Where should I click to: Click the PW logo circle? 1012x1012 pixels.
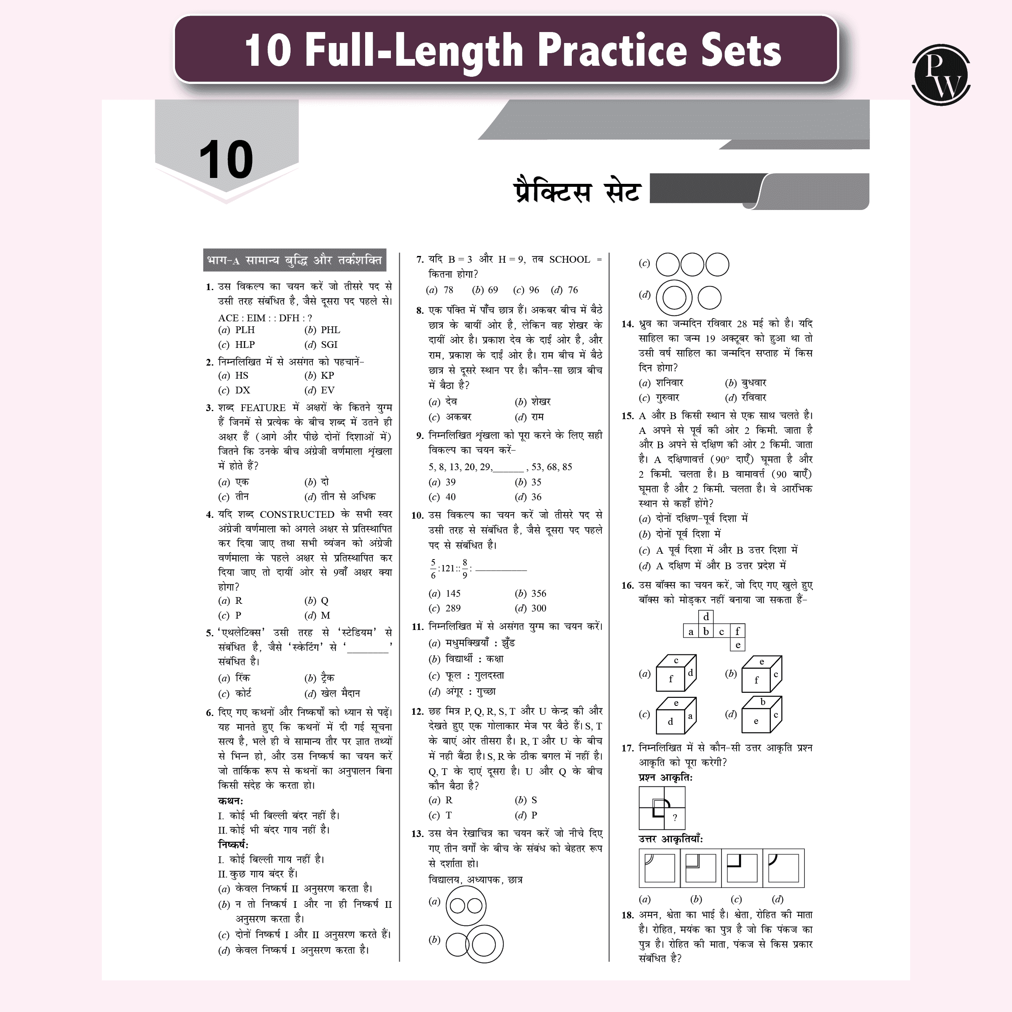tap(941, 75)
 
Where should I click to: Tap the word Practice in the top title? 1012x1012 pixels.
tap(612, 50)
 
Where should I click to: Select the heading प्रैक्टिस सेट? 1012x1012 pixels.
tap(577, 191)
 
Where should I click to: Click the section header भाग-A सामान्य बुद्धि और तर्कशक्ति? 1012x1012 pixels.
tap(294, 260)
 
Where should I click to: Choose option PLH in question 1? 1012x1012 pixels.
tap(245, 330)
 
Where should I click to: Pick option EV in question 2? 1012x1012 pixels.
tap(327, 390)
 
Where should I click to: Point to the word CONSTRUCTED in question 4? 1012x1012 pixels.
tap(297, 514)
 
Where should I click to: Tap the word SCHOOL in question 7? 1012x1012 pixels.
tap(569, 260)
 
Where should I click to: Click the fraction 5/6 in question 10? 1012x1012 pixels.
tap(433, 569)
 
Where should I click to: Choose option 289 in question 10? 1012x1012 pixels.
tap(452, 608)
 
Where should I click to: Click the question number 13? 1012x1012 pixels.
tap(417, 833)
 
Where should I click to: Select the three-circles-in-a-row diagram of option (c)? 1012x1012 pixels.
tap(692, 264)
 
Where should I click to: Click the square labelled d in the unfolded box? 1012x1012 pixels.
tap(706, 616)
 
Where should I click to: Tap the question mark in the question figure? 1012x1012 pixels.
tap(675, 817)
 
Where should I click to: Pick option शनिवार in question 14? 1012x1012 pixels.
tap(670, 383)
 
